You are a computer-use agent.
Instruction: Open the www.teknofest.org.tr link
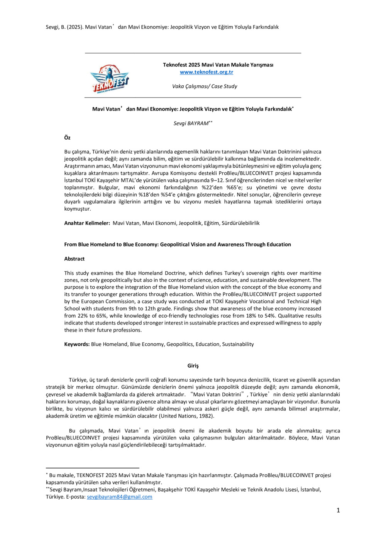coord(207,72)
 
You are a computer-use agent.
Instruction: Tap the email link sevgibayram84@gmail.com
coord(119,497)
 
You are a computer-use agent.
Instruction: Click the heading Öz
coord(67,138)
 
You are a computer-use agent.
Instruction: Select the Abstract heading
coord(74,259)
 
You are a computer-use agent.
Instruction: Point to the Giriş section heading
coord(193,366)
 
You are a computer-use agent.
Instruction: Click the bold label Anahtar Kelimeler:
coord(87,223)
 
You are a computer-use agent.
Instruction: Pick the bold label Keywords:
coord(77,344)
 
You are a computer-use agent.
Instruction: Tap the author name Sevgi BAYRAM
coord(191,124)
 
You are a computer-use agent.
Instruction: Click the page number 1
coord(338,511)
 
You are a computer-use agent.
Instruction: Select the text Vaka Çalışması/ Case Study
coord(205,86)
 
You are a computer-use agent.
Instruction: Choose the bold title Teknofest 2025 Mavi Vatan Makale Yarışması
coord(218,65)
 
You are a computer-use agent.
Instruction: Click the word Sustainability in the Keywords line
coord(238,344)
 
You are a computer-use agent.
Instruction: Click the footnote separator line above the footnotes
coord(92,468)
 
